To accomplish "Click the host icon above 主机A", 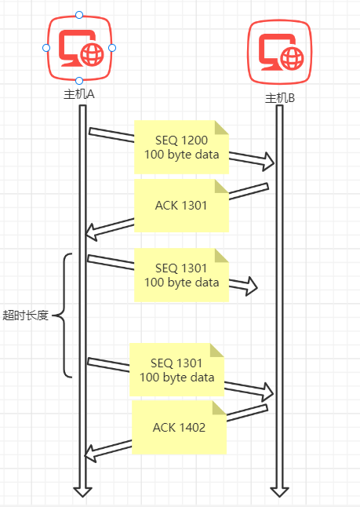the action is [79, 48].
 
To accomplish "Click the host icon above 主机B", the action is [280, 52].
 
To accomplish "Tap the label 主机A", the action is [79, 94].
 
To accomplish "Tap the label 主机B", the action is [280, 98].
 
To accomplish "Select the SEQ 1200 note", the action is [182, 147].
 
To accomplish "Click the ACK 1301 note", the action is [182, 206].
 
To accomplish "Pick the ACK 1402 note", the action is [179, 428].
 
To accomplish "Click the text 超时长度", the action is [26, 316].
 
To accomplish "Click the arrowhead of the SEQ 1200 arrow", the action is [269, 162].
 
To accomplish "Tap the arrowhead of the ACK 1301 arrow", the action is [92, 232].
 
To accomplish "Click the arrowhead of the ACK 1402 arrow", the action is [90, 454].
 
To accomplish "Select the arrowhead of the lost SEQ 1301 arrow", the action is [252, 286].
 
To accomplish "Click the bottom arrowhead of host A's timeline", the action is [82, 491].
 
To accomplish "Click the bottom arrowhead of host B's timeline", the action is [279, 491].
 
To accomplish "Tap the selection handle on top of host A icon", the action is [79, 15].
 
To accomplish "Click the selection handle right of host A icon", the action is [112, 48].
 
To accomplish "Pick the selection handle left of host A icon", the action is [46, 48].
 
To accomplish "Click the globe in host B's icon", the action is [292, 59].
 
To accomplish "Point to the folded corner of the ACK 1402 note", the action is [220, 408].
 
